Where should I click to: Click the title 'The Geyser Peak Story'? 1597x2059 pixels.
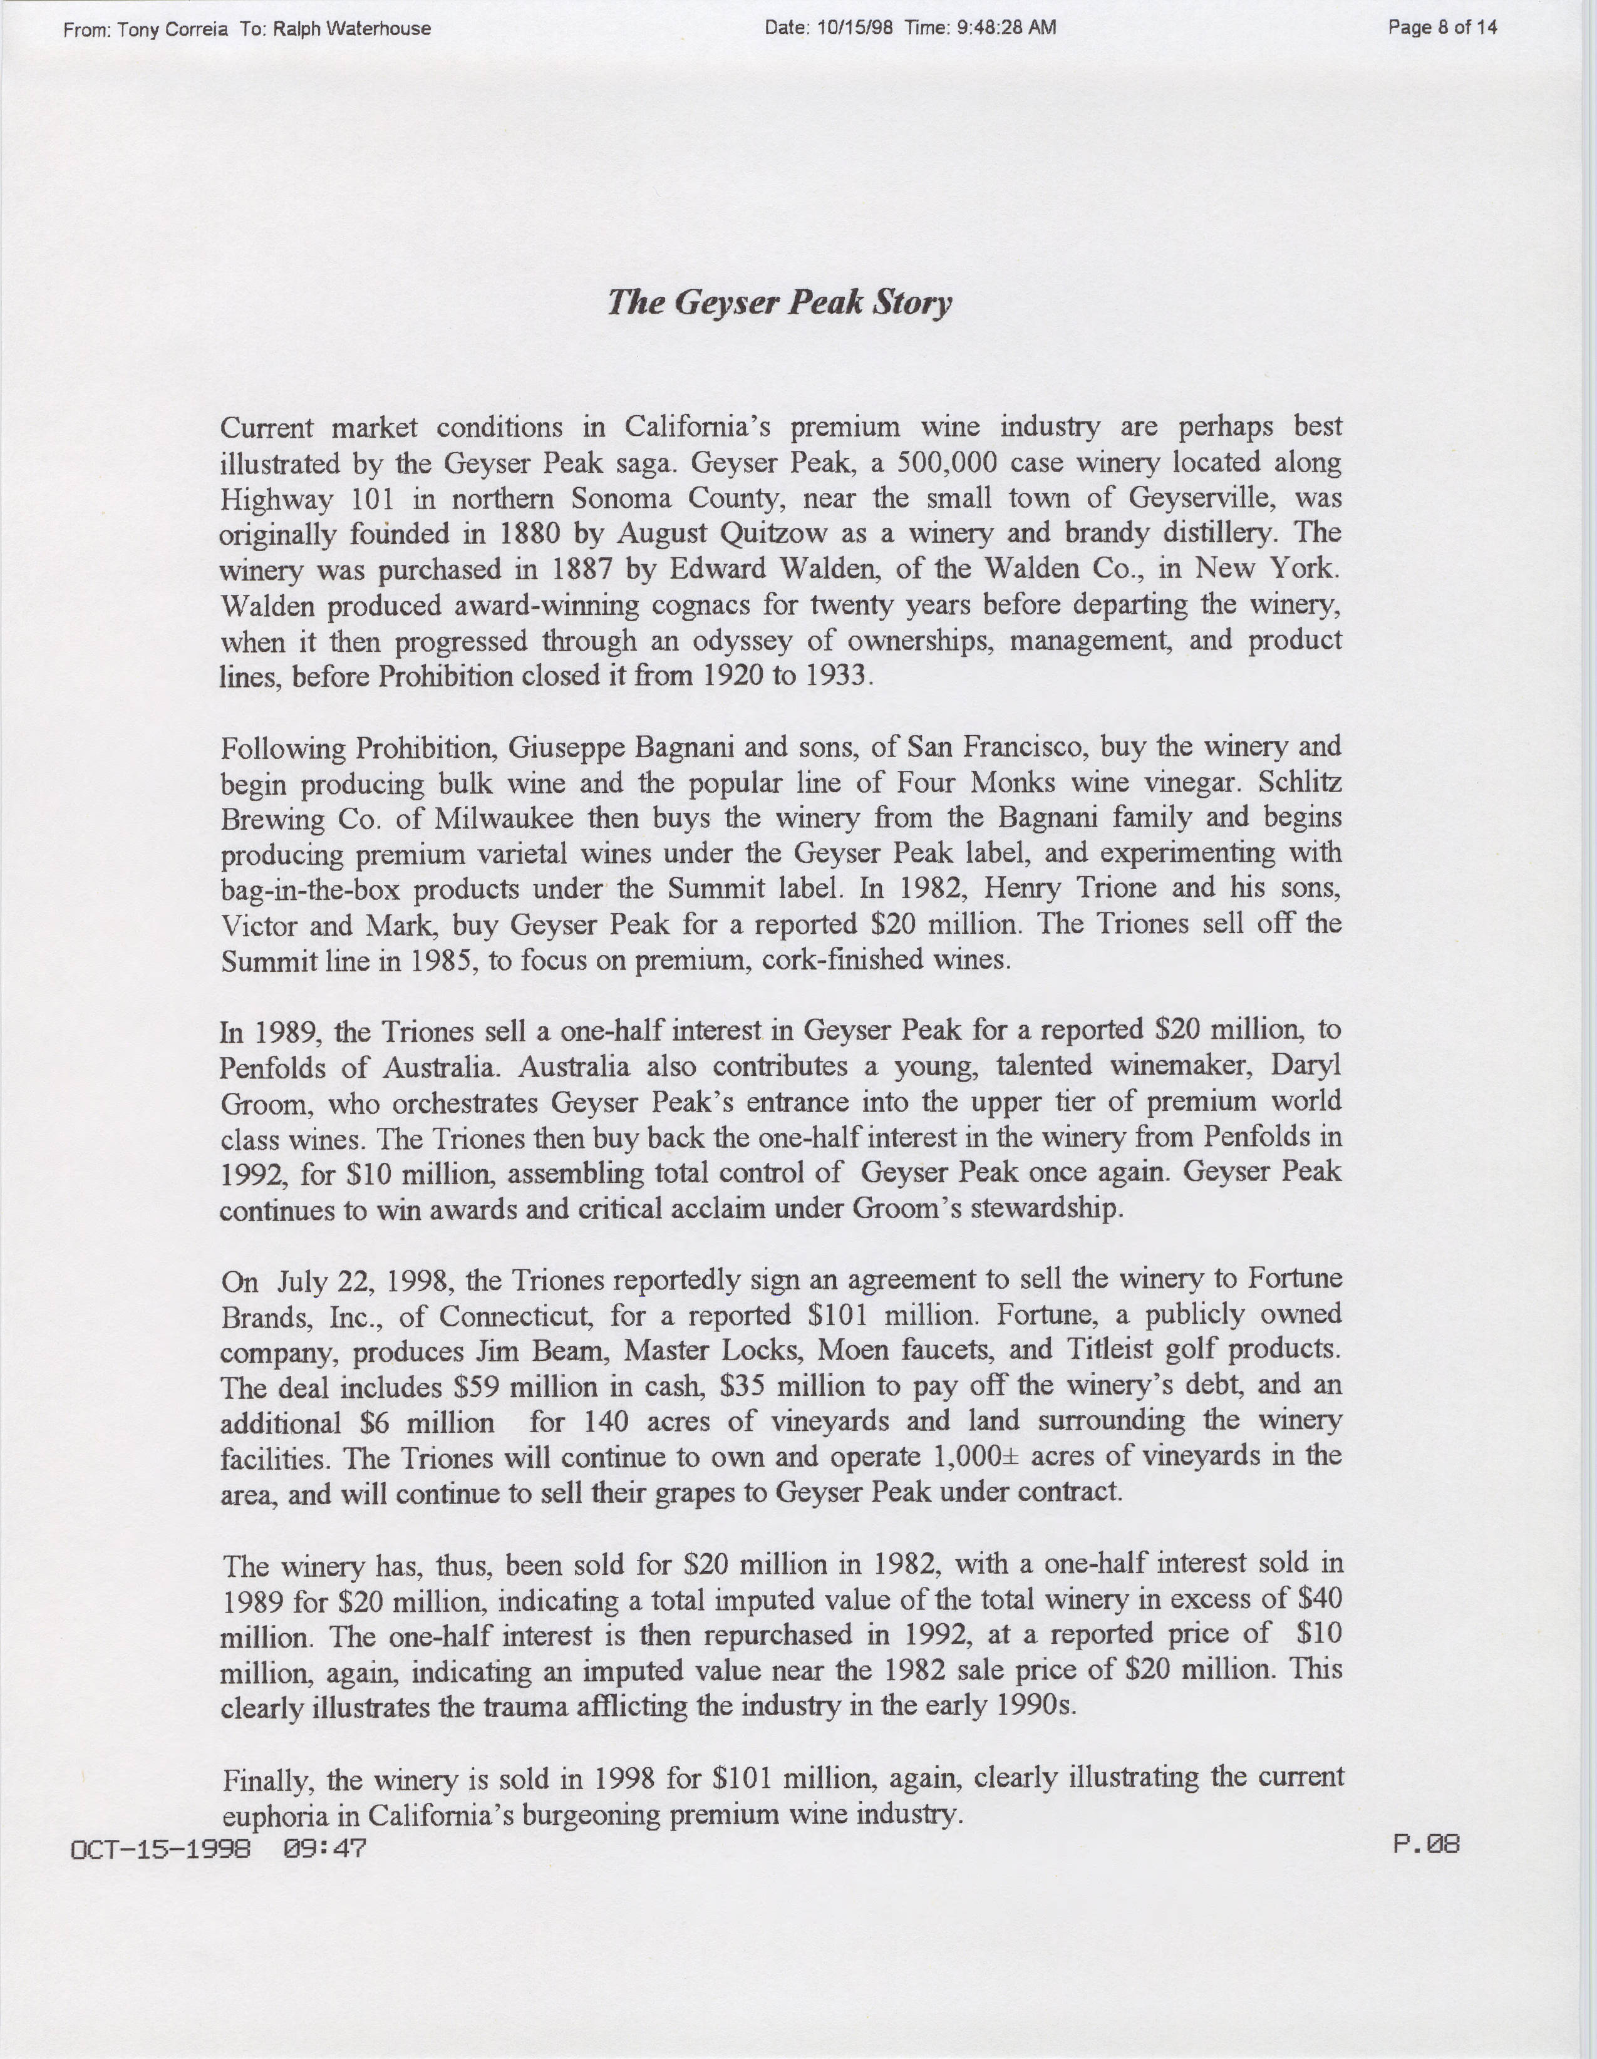[778, 304]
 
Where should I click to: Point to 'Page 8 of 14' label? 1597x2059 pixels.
[1442, 28]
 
